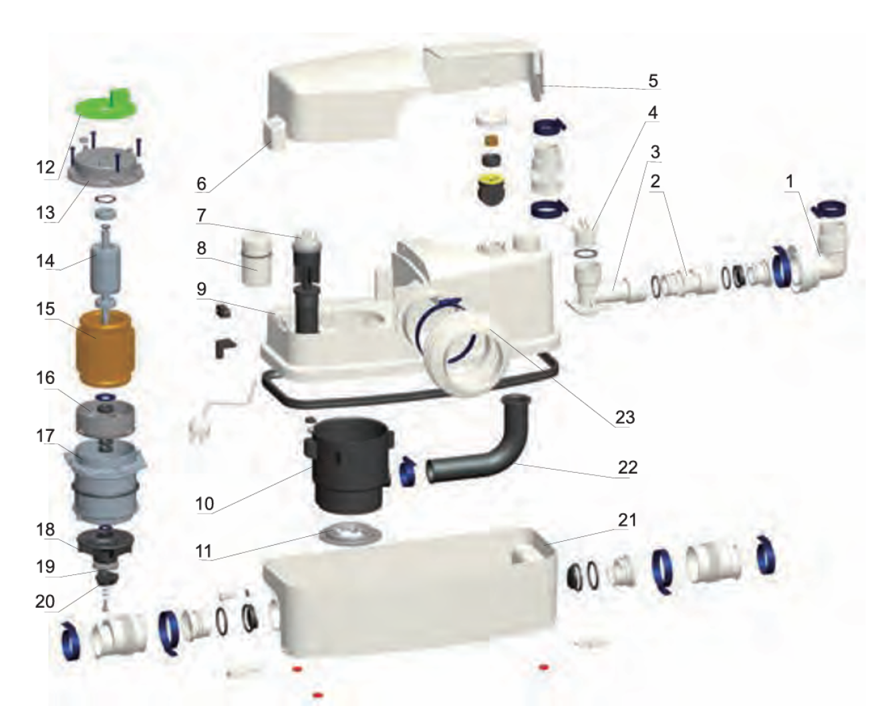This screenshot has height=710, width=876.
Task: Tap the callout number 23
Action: pyautogui.click(x=625, y=417)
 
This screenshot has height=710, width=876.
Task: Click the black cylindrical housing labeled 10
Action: pyautogui.click(x=350, y=465)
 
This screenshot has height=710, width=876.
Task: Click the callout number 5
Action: pyautogui.click(x=653, y=80)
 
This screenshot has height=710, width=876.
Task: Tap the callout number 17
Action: pyautogui.click(x=45, y=435)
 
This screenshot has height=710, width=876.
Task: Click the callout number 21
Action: pyautogui.click(x=627, y=520)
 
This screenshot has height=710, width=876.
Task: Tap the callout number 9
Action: pyautogui.click(x=202, y=289)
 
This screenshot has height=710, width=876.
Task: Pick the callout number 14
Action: pyautogui.click(x=45, y=260)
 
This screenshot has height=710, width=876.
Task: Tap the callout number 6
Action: pyautogui.click(x=201, y=184)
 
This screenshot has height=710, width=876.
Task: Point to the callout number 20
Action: pyautogui.click(x=45, y=602)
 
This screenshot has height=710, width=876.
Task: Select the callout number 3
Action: pyautogui.click(x=655, y=152)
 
